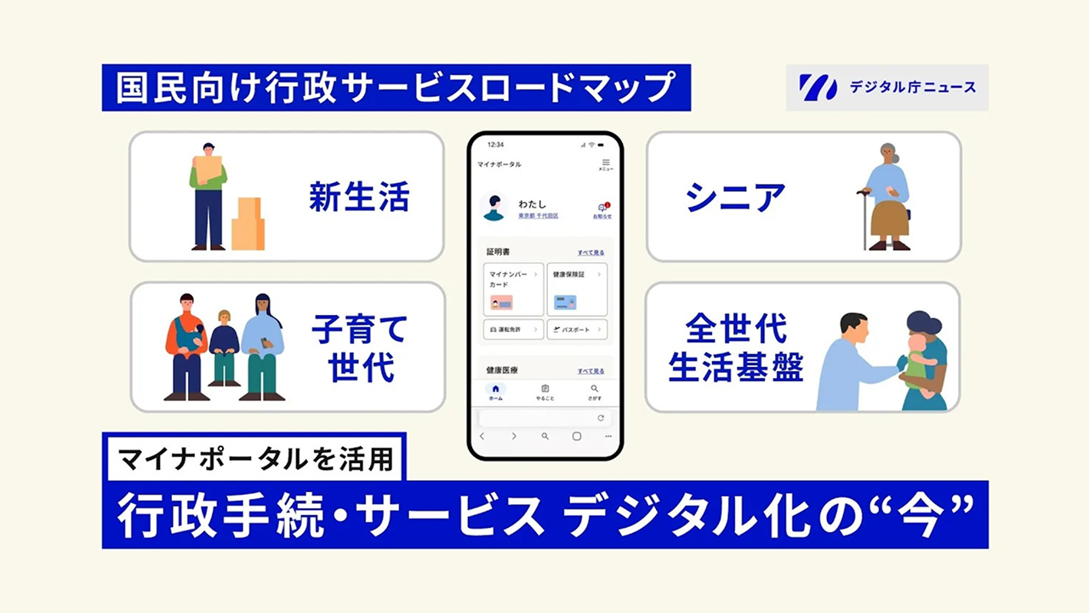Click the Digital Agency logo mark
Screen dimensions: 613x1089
coord(818,87)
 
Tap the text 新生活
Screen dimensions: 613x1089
coord(359,198)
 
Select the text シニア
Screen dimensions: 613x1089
coord(735,198)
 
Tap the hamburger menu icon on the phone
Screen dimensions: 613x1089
coord(606,163)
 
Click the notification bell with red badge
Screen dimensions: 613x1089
coord(602,209)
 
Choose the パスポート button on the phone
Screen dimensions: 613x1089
coord(577,329)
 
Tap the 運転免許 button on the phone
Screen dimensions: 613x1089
coord(513,329)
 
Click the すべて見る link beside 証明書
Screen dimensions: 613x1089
coord(590,253)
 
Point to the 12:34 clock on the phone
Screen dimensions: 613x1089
coord(495,145)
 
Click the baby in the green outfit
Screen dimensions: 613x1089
coord(916,362)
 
